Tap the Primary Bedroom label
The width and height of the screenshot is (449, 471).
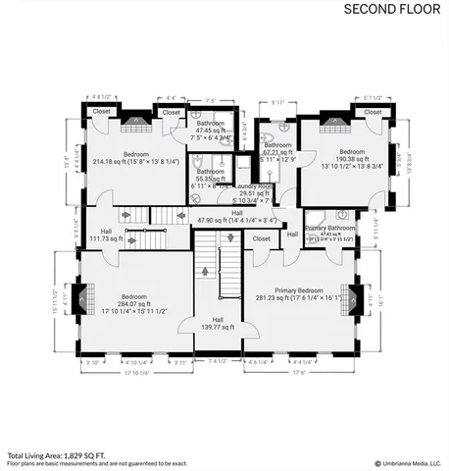click(298, 291)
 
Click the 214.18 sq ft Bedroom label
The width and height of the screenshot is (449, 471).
click(136, 158)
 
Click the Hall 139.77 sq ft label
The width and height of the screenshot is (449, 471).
click(218, 323)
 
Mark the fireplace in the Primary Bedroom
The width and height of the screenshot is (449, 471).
click(356, 296)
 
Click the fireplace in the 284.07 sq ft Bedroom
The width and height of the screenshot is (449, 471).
click(85, 298)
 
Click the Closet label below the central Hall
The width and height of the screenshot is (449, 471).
click(262, 238)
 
